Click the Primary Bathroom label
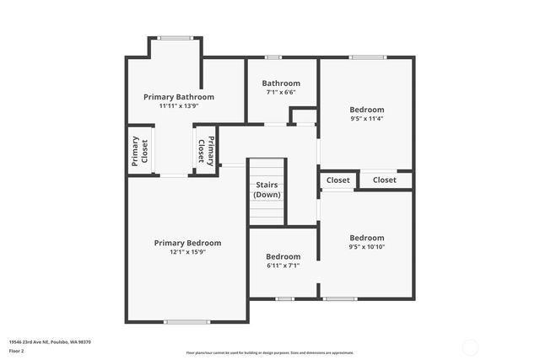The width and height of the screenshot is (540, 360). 179,97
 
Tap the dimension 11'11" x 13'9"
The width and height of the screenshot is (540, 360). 179,106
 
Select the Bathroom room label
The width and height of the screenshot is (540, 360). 281,83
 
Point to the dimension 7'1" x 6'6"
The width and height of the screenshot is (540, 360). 281,93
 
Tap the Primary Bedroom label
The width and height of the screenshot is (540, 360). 187,243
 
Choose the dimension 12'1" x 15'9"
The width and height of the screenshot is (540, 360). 187,252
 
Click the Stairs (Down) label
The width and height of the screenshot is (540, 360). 267,190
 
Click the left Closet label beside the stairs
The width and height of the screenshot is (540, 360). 338,180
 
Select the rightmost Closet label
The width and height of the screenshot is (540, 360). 385,180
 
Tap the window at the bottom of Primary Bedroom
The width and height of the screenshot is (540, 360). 187,321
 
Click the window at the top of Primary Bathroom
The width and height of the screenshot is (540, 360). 175,37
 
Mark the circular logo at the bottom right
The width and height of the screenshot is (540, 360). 470,347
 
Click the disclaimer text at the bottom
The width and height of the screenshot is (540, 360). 270,353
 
